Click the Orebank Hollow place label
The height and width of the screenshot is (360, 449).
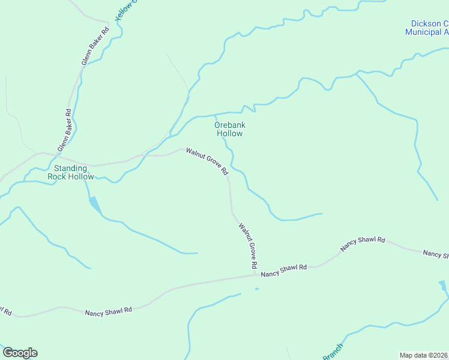point(229,129)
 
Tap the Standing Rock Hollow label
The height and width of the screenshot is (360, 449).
point(74,172)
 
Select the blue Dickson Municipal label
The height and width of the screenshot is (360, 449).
point(427,28)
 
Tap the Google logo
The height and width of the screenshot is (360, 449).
point(20,353)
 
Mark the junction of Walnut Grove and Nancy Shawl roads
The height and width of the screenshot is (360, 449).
point(256,275)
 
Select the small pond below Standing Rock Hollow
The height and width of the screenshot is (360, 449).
point(94,205)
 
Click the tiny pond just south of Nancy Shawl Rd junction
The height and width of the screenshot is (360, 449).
point(257,289)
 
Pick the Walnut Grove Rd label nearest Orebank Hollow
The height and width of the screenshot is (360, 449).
point(207,161)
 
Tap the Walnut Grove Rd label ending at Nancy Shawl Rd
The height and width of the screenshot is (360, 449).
point(248,245)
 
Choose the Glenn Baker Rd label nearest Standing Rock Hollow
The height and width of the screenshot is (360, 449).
point(64,130)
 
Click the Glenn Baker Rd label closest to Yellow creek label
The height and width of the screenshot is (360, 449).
point(95,46)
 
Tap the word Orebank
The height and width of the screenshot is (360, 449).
point(229,125)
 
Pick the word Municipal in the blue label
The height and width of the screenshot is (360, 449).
point(426,32)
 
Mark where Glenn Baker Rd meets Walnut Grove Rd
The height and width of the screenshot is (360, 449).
point(41,154)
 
